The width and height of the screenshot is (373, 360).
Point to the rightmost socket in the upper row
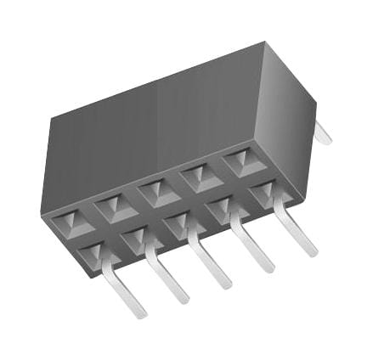(240, 162)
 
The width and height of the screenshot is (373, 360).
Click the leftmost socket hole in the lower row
(93, 252)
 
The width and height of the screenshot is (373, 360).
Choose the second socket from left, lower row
(136, 238)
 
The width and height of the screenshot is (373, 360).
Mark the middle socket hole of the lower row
(178, 222)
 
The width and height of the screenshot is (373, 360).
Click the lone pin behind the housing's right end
(323, 133)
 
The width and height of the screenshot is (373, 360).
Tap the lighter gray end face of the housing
(285, 119)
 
